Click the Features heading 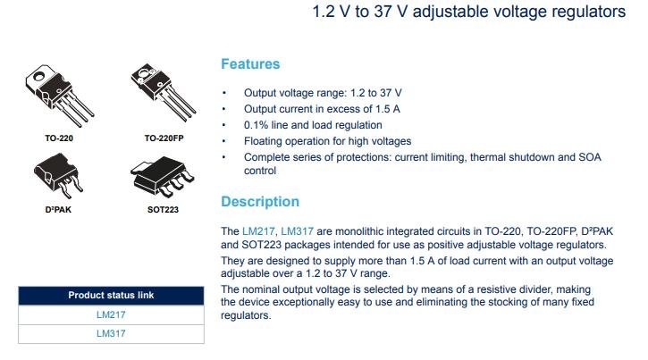250,64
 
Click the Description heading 260,202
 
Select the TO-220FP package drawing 163,92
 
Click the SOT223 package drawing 162,176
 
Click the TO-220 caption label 59,138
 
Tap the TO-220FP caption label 164,138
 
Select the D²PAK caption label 58,210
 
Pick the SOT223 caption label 163,210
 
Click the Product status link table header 111,295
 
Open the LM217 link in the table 111,314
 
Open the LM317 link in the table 111,333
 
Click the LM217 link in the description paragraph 258,231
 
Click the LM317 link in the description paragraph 297,231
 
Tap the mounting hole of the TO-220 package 38,76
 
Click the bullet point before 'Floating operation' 224,141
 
